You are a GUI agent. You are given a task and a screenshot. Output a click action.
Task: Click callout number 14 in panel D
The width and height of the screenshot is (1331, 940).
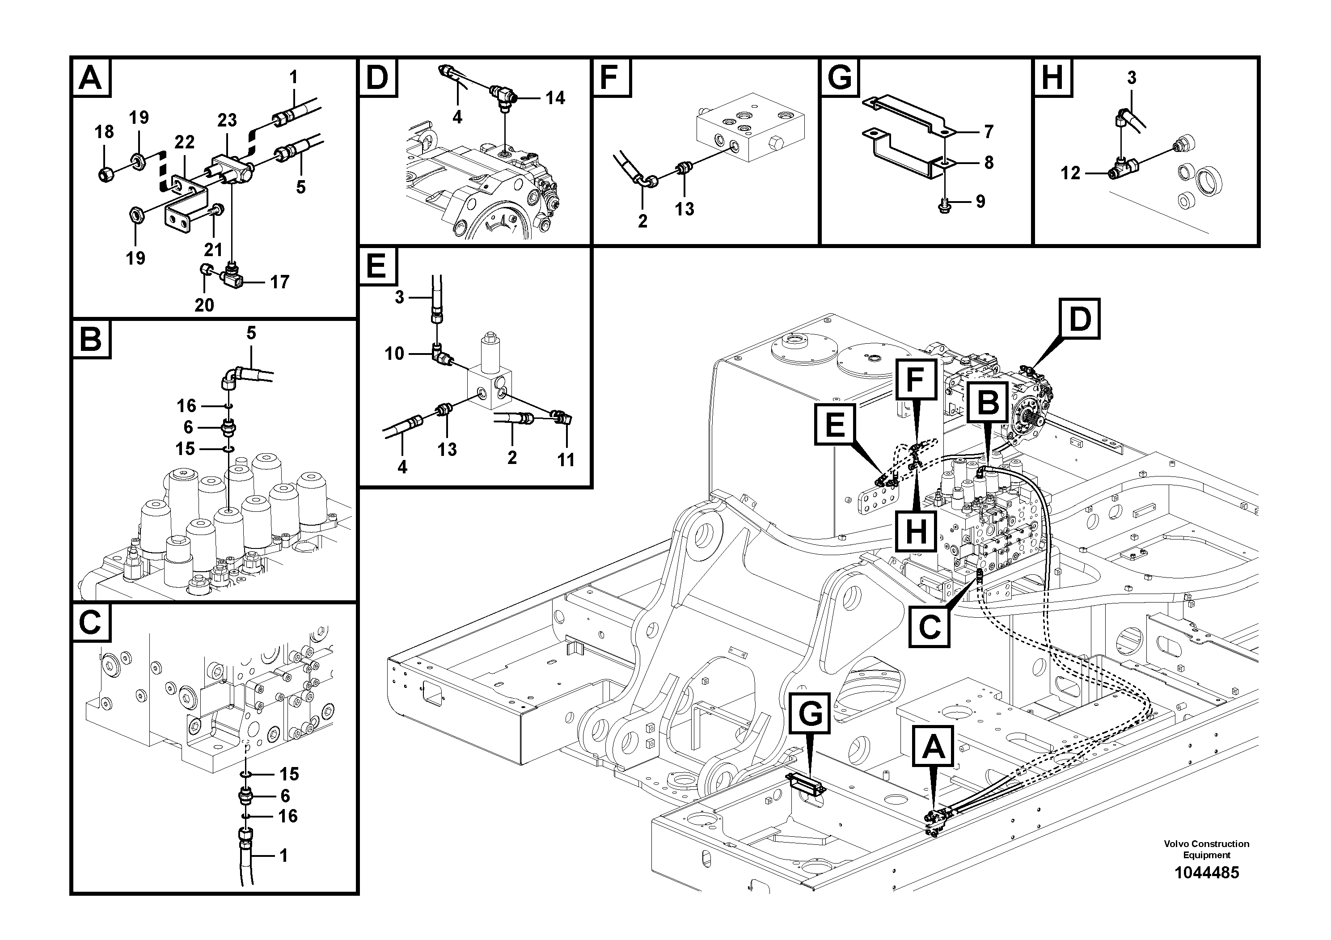(x=555, y=98)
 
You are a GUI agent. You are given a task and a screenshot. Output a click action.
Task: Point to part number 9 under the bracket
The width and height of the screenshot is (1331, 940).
(x=980, y=202)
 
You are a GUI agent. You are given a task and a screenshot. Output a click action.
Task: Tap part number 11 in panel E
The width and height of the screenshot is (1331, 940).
(x=565, y=459)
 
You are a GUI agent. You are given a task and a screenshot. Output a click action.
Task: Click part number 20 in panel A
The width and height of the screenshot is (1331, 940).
(x=204, y=305)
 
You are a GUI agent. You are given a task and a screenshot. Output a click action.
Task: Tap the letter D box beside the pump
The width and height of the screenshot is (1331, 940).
(x=1079, y=319)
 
